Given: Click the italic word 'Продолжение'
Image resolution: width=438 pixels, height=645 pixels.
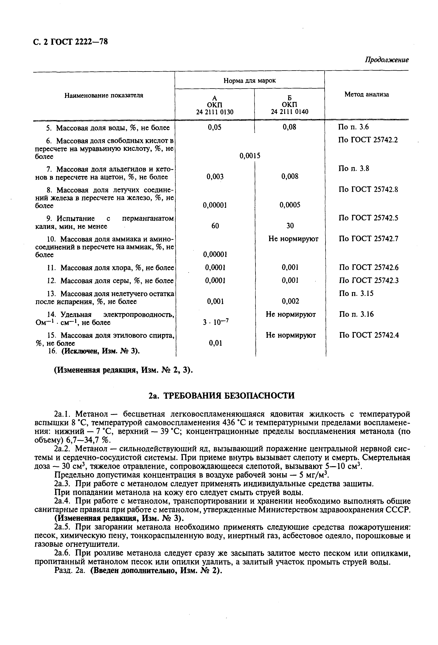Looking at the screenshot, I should coord(386,60).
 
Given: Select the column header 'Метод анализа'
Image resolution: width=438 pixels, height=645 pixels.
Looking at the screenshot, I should coord(366,94).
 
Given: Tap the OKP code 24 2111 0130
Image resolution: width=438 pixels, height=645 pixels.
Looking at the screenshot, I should coord(215,112).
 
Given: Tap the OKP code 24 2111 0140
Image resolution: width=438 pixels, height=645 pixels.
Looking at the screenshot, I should coord(289,112).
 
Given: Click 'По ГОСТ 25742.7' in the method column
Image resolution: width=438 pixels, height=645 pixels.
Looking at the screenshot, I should coord(368,239).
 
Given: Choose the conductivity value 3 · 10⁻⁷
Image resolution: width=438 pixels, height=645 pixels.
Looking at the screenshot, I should coord(215,322).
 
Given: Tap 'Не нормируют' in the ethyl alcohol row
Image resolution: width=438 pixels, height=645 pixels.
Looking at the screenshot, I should coord(291,335).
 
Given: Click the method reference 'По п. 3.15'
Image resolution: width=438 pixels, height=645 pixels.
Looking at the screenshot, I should coord(356,293).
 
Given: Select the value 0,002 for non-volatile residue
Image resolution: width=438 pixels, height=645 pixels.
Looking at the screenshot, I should coord(290,301).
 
